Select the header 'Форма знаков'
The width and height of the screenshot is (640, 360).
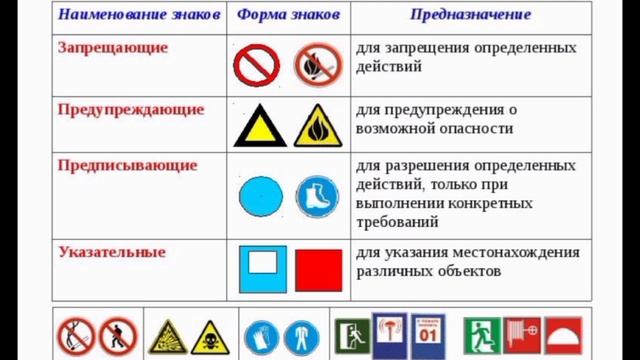click(288, 16)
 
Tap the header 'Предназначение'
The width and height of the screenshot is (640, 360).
click(470, 16)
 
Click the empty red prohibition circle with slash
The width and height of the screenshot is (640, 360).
click(256, 66)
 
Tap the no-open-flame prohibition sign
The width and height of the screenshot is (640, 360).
click(318, 66)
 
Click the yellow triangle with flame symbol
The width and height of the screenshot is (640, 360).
click(318, 127)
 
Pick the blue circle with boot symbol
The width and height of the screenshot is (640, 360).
click(317, 196)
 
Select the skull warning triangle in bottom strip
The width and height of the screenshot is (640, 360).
click(210, 338)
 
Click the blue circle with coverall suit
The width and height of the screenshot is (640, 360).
click(301, 338)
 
